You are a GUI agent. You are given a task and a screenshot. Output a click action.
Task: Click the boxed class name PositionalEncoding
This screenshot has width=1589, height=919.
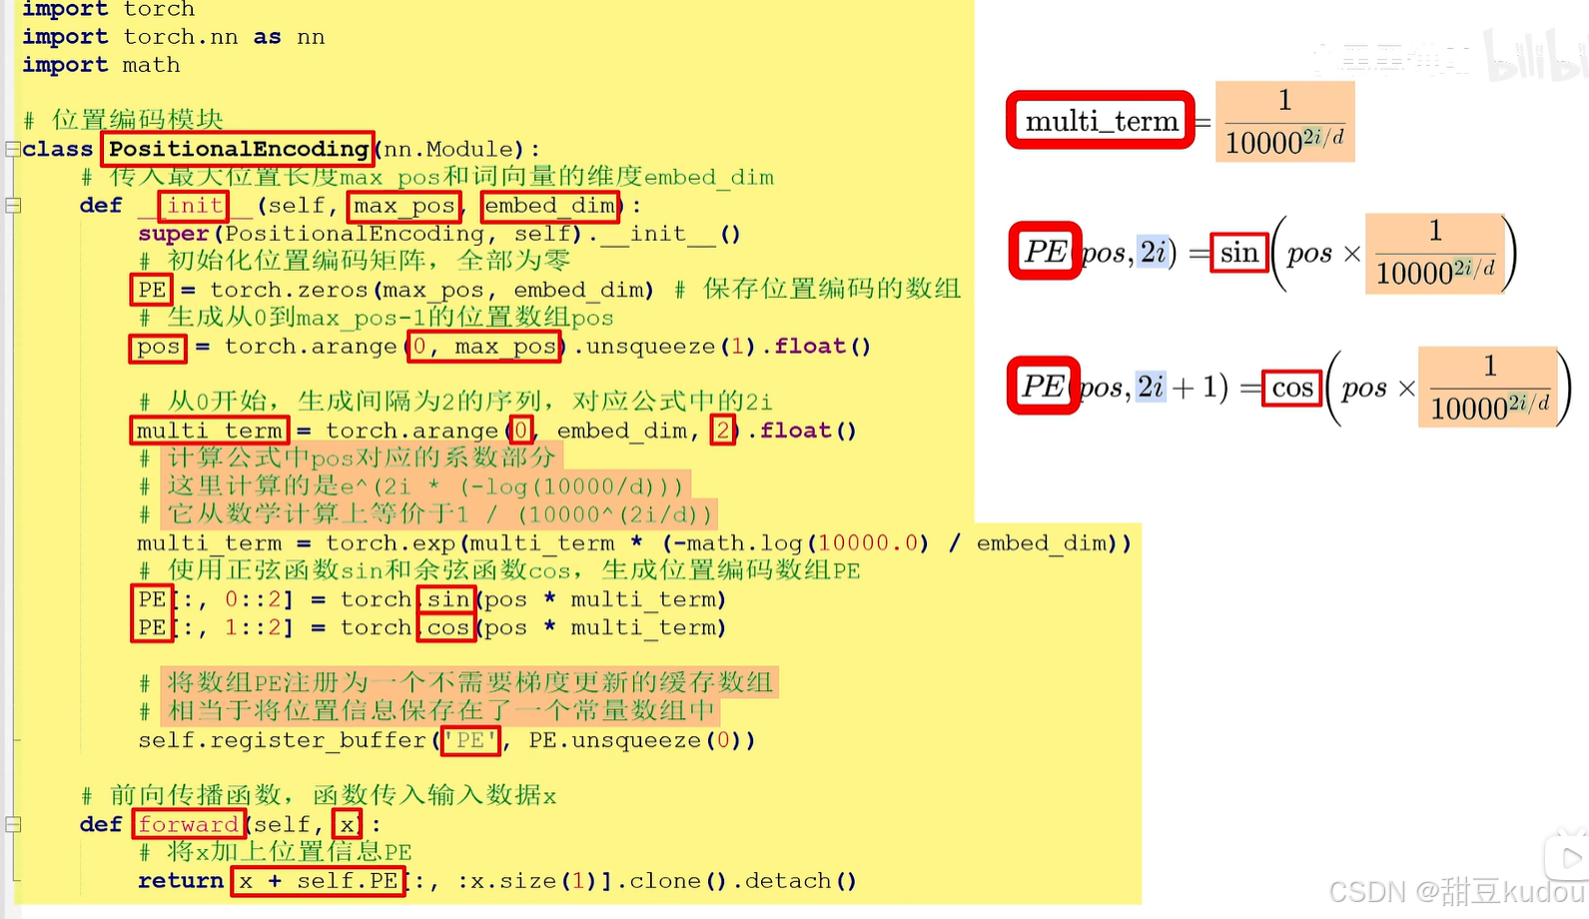238,149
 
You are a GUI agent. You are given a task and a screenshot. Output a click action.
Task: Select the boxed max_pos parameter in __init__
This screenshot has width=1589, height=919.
404,206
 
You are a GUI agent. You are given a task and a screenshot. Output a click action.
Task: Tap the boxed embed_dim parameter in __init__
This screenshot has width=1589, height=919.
549,206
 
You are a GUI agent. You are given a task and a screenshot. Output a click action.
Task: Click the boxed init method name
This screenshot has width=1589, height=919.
194,206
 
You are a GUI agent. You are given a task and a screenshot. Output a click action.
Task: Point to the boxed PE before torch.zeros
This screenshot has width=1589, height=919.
152,290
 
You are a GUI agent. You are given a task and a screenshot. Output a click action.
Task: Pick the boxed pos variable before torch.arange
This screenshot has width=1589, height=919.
158,347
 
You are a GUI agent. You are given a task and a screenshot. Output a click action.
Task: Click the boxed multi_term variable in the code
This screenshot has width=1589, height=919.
210,431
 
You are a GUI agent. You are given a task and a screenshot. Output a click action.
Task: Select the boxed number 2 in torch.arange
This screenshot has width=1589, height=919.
722,431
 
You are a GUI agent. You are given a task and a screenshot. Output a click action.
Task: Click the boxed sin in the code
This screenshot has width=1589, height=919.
448,599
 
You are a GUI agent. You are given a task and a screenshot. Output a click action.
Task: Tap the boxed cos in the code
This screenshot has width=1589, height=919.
447,627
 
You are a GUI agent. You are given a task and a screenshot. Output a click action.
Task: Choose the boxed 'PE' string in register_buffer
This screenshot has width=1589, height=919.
470,740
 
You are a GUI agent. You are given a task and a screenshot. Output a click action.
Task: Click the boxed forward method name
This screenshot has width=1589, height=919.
189,824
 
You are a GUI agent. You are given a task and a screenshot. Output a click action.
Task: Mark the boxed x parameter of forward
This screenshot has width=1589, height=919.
347,824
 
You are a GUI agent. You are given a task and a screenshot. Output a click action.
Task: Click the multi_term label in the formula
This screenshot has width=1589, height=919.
1101,121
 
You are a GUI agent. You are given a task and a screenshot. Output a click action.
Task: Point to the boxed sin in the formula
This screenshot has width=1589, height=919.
1238,253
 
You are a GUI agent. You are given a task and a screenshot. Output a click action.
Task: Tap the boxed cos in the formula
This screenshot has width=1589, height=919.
1292,388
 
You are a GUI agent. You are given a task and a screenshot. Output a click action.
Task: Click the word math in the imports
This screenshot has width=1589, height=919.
152,65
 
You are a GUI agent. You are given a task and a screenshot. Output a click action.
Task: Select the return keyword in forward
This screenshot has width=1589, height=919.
181,881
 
